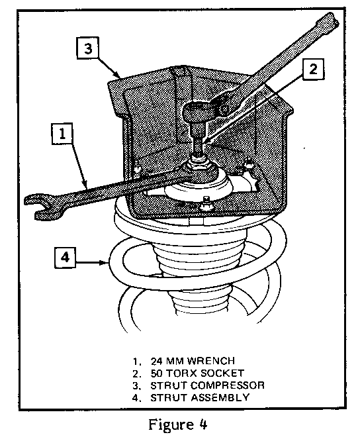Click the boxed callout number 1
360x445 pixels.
click(x=62, y=134)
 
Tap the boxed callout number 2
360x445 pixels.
click(x=313, y=70)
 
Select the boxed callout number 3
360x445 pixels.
click(x=88, y=48)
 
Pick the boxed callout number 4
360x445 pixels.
click(x=66, y=258)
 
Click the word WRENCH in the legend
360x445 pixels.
click(x=211, y=361)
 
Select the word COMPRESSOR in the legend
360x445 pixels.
click(x=227, y=385)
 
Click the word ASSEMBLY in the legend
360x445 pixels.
click(x=220, y=397)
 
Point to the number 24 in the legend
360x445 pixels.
click(x=156, y=361)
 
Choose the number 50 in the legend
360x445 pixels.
click(x=156, y=373)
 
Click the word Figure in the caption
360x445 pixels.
click(x=167, y=425)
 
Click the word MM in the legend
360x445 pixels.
click(x=175, y=361)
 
